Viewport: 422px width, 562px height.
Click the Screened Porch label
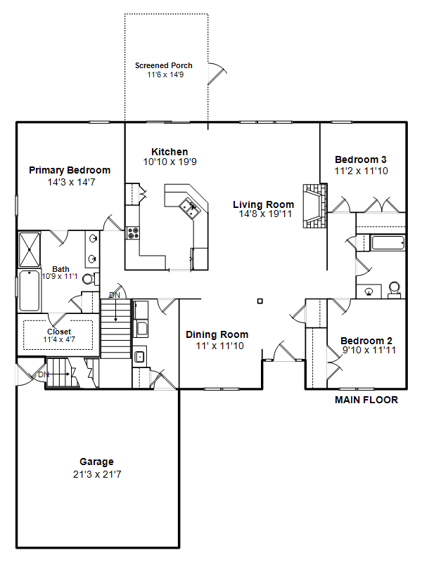(x=164, y=65)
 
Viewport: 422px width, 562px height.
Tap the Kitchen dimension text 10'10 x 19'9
(x=170, y=162)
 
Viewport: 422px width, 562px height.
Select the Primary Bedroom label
(x=70, y=170)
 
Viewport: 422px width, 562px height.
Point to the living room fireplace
(x=315, y=206)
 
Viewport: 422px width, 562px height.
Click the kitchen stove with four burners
(x=132, y=233)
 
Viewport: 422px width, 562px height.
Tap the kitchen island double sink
(x=189, y=207)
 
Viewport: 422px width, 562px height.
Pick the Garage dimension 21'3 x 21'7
(x=97, y=475)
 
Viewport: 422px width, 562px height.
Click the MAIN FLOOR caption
(x=366, y=400)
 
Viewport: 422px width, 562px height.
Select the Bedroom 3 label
(x=361, y=159)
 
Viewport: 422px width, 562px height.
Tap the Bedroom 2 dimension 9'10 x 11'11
(x=369, y=350)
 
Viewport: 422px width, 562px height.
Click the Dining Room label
(x=217, y=335)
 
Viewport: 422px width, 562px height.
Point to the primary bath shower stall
(x=30, y=249)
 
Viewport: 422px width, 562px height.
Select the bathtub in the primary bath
(x=30, y=291)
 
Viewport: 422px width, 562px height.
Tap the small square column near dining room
(x=260, y=301)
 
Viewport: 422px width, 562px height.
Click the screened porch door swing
(x=217, y=74)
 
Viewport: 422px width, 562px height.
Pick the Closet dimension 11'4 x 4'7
(x=59, y=339)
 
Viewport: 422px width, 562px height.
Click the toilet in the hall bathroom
(x=394, y=289)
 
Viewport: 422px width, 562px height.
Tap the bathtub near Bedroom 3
(x=388, y=242)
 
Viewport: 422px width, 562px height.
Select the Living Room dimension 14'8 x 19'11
(x=266, y=214)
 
